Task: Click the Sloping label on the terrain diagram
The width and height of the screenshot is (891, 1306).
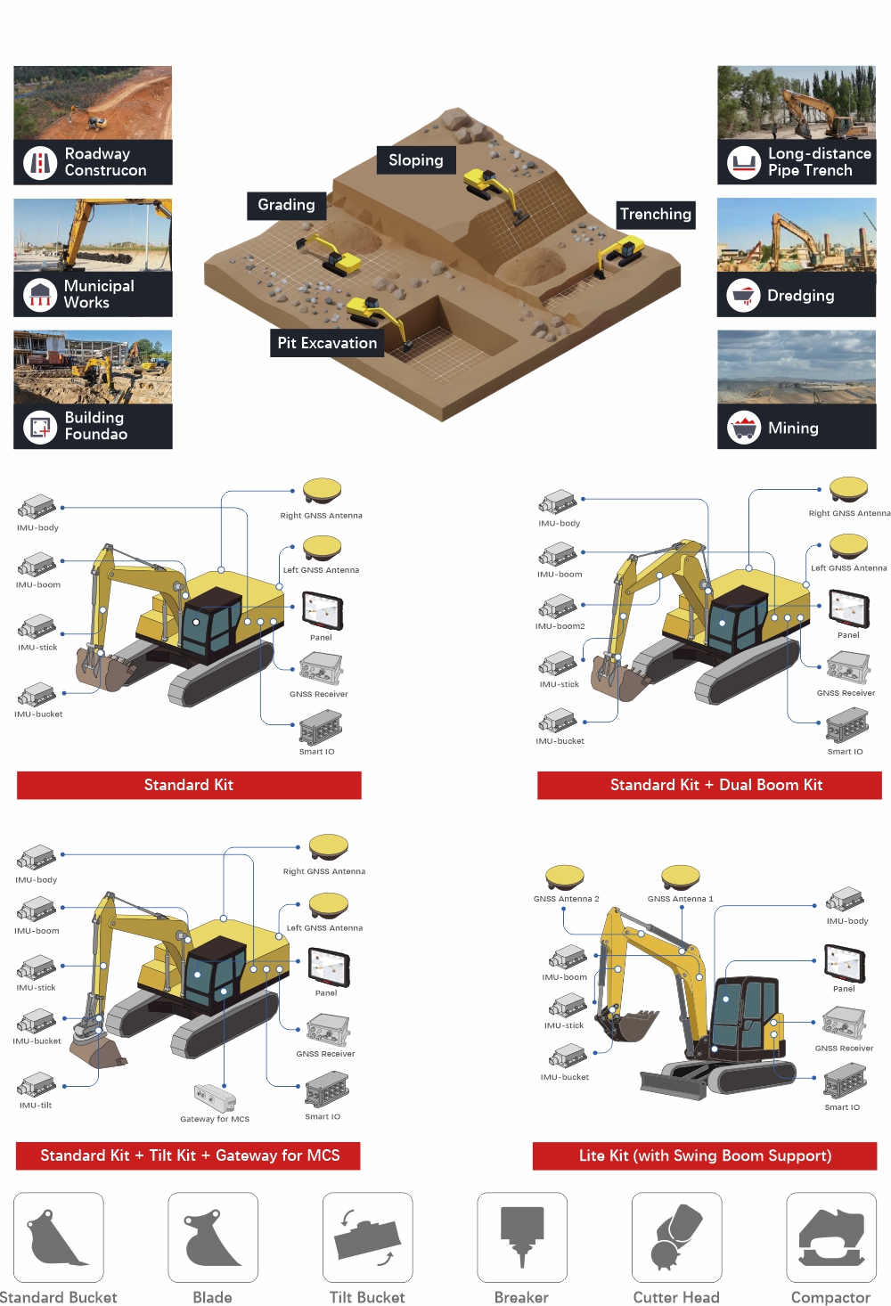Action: pyautogui.click(x=416, y=160)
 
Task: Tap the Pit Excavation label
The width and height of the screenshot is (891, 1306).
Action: pyautogui.click(x=327, y=343)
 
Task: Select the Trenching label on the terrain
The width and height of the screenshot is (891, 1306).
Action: pyautogui.click(x=656, y=215)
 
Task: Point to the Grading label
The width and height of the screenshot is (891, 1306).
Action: pyautogui.click(x=286, y=205)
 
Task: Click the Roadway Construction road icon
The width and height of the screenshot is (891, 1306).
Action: pyautogui.click(x=40, y=163)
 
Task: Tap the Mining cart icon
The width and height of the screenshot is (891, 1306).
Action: pyautogui.click(x=743, y=428)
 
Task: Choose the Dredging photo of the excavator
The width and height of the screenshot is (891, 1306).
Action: pyautogui.click(x=797, y=235)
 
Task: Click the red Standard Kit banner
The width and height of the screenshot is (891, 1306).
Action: pyautogui.click(x=189, y=785)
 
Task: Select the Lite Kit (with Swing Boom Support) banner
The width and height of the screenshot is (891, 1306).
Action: pyautogui.click(x=705, y=1155)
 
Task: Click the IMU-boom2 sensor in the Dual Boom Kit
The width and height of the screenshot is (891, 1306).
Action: pyautogui.click(x=558, y=607)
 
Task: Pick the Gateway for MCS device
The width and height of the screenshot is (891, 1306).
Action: pyautogui.click(x=215, y=1098)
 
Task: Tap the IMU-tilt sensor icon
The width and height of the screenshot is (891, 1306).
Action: pyautogui.click(x=37, y=1084)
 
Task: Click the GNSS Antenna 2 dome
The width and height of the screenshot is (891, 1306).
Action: pyautogui.click(x=565, y=877)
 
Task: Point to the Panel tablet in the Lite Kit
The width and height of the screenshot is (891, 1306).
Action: pyautogui.click(x=845, y=963)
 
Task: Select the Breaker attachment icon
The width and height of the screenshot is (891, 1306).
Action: pyautogui.click(x=522, y=1237)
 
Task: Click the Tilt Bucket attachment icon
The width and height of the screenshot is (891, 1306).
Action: pyautogui.click(x=367, y=1237)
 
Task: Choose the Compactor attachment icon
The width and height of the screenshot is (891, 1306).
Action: pyautogui.click(x=831, y=1237)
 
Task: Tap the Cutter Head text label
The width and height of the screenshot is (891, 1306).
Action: pyautogui.click(x=676, y=1297)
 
